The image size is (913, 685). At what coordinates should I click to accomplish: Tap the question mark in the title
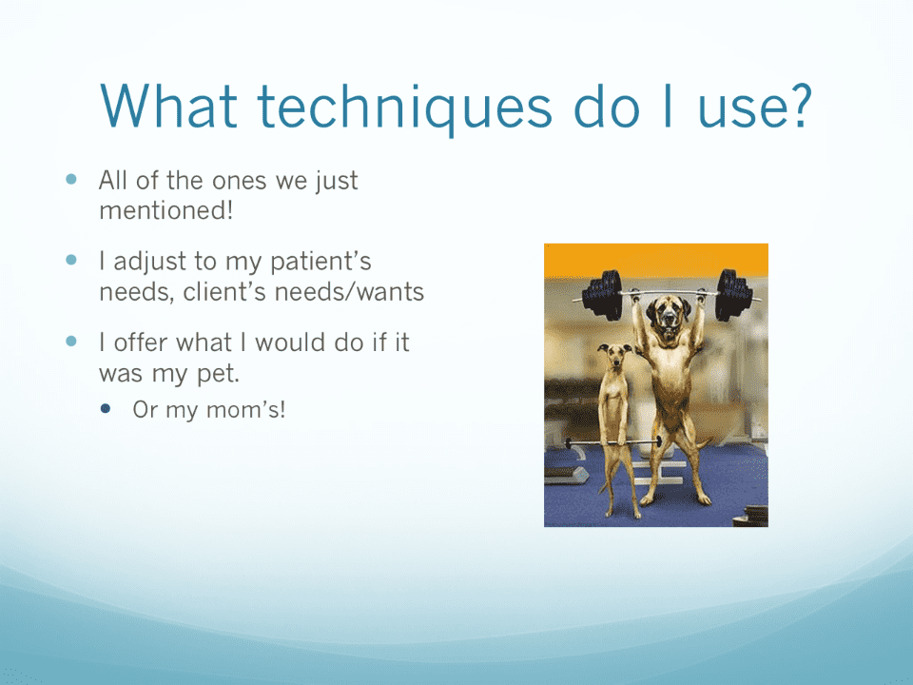tap(796, 105)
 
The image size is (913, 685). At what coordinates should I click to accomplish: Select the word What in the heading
tap(169, 106)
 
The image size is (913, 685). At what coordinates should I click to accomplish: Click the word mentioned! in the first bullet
tap(165, 210)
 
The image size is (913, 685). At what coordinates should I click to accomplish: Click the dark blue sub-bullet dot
tap(106, 408)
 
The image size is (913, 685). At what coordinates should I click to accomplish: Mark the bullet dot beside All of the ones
tap(71, 179)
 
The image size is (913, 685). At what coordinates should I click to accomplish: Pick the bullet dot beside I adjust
tap(71, 260)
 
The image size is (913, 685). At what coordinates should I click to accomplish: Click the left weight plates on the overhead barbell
tap(603, 295)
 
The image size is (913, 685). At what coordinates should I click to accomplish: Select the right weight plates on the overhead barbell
tap(734, 294)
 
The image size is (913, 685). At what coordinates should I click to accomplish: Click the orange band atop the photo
tap(656, 260)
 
